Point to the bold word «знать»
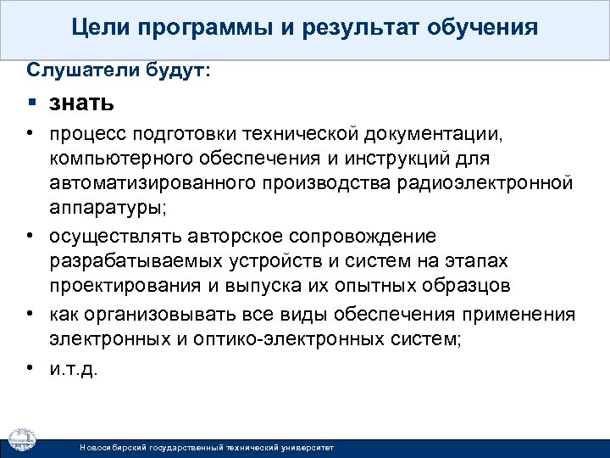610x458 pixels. click(81, 103)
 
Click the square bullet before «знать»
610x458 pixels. click(30, 103)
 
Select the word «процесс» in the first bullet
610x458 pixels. click(83, 133)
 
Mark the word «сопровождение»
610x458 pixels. click(370, 236)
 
